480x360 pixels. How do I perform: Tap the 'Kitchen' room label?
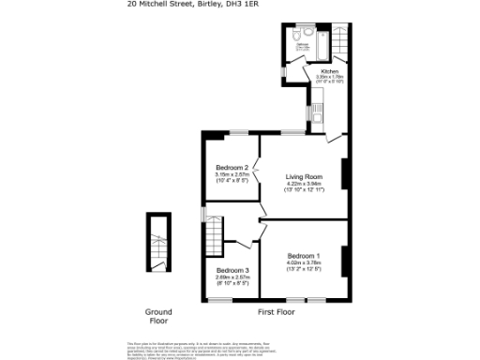(330, 71)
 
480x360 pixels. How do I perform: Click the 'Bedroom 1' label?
(304, 256)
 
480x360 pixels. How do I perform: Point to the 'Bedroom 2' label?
(232, 168)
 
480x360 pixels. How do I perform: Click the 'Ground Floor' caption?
(158, 316)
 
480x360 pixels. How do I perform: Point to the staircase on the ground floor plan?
(158, 244)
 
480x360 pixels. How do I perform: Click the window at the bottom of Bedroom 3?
(220, 300)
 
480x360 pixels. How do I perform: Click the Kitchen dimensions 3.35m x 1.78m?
(330, 77)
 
